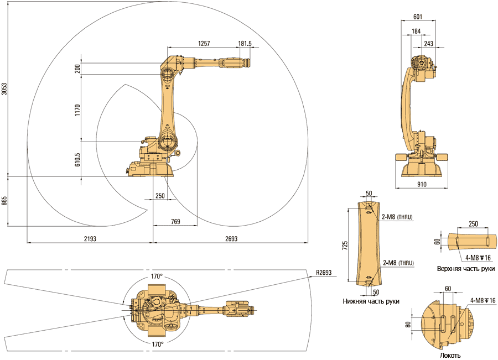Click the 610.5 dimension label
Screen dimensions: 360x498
pyautogui.click(x=77, y=160)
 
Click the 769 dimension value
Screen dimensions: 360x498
pyautogui.click(x=175, y=221)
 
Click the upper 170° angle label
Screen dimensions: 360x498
pyautogui.click(x=157, y=276)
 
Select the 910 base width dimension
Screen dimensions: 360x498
pyautogui.click(x=422, y=185)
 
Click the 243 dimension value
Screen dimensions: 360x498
pyautogui.click(x=428, y=43)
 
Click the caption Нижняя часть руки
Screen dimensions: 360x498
pyautogui.click(x=371, y=301)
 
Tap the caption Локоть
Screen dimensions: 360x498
pyautogui.click(x=450, y=356)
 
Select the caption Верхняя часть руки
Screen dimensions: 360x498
pyautogui.click(x=465, y=268)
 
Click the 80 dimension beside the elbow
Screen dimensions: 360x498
pyautogui.click(x=408, y=325)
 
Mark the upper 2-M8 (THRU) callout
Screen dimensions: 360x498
pyautogui.click(x=397, y=217)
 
